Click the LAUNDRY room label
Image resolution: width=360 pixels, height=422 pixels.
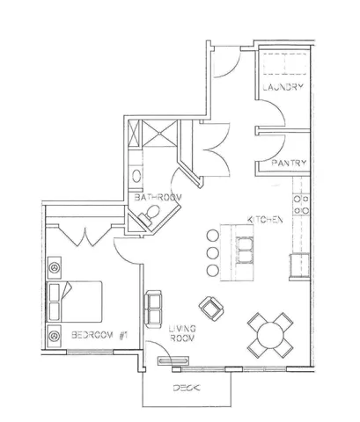pos(283,88)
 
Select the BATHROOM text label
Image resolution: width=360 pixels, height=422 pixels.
pos(158,199)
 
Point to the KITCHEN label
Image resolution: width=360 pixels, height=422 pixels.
pos(264,219)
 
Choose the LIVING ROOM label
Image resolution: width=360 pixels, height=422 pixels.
pos(181,333)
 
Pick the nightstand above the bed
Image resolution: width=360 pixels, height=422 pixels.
pos(55,265)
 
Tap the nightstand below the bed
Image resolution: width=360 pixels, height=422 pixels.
pos(55,334)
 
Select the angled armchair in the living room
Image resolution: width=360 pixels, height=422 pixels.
pos(212,307)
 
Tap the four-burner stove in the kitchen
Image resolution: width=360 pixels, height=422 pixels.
pos(300,204)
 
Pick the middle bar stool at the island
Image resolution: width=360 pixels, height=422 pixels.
pos(211,251)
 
